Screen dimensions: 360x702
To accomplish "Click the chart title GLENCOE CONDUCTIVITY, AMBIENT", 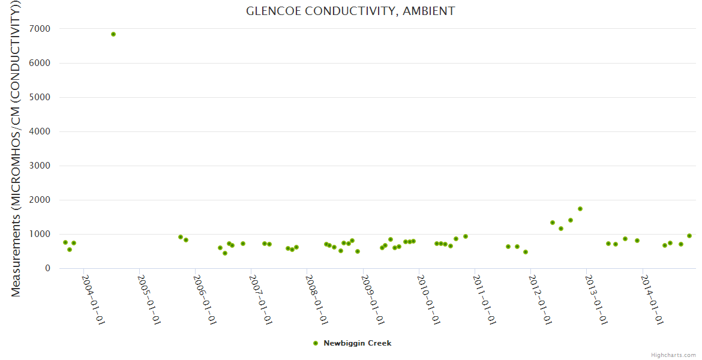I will (350, 11).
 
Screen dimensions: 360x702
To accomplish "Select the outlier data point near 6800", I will (113, 34).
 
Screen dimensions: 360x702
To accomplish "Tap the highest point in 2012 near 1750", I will (580, 209).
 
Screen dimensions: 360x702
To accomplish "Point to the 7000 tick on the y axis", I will (39, 29).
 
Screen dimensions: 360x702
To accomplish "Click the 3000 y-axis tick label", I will (39, 166).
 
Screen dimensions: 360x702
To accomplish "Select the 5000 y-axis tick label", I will (39, 97).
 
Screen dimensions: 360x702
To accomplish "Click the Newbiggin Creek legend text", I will (357, 343).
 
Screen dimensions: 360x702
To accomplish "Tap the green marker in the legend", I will (316, 343).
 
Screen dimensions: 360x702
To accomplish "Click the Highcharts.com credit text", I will (673, 355).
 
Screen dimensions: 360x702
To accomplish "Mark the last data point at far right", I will (689, 236).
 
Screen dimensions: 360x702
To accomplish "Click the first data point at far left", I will (65, 242).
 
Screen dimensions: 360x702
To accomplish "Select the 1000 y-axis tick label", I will (39, 234).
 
